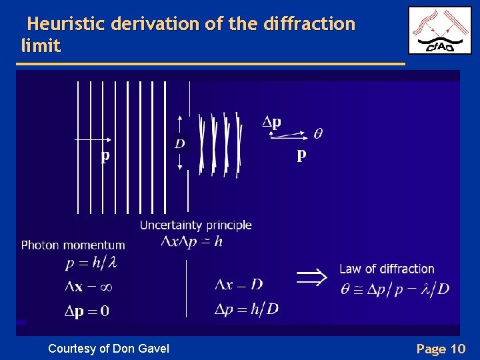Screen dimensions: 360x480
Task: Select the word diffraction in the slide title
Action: click(309, 25)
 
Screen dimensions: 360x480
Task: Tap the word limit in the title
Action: click(41, 46)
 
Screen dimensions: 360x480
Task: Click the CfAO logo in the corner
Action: click(439, 30)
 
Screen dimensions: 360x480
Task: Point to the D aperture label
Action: click(180, 143)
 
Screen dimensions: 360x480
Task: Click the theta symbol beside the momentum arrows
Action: click(318, 134)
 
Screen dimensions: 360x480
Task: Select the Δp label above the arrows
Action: click(271, 122)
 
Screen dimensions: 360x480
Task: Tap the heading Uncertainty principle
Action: click(195, 225)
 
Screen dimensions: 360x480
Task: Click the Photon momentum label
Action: click(73, 245)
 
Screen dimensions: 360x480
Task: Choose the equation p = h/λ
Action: click(91, 263)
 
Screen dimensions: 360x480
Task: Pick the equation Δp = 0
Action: click(87, 311)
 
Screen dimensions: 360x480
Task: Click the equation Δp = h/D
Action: click(246, 308)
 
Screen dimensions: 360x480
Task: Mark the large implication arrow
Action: click(312, 276)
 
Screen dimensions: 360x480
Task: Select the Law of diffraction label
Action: click(387, 269)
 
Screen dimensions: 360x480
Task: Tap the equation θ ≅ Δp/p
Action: click(394, 289)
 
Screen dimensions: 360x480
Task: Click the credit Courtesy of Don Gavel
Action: click(109, 348)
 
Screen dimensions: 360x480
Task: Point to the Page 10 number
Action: click(440, 349)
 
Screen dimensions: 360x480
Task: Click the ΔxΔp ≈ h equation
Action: click(191, 242)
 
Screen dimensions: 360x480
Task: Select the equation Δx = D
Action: click(239, 285)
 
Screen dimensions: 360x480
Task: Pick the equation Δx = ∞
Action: click(87, 287)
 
